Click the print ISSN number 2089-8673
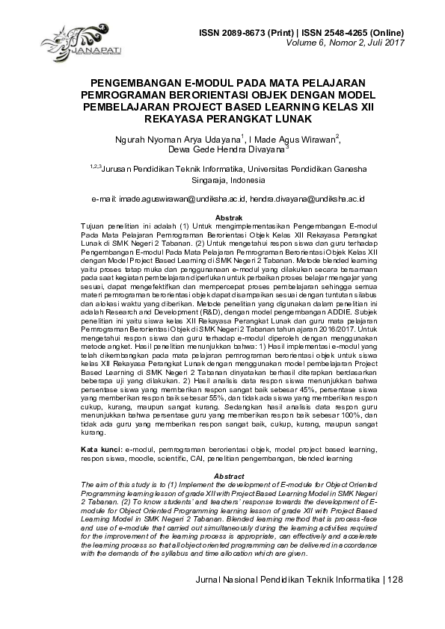coord(248,34)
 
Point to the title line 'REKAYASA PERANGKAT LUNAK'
coord(222,118)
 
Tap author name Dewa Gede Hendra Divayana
coord(221,149)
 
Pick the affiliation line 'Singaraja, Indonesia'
coord(222,181)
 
